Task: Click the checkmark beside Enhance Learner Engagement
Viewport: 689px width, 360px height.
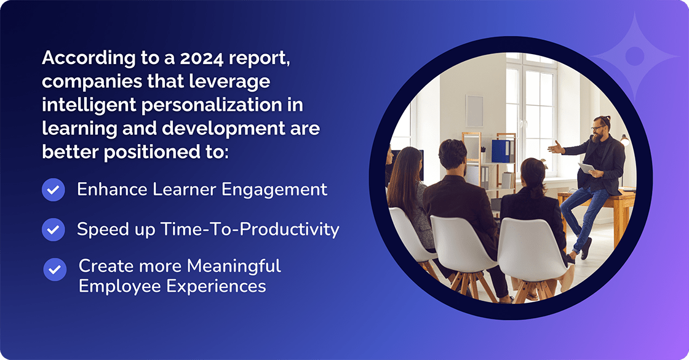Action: (x=54, y=190)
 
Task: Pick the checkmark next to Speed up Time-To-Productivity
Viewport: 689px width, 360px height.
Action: (x=54, y=230)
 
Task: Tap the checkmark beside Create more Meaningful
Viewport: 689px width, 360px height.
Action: (x=55, y=270)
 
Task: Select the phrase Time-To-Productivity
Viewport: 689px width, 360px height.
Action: (x=250, y=230)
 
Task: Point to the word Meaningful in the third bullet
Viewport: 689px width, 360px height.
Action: (x=234, y=266)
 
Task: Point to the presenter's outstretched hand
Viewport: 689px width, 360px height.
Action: (x=556, y=148)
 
